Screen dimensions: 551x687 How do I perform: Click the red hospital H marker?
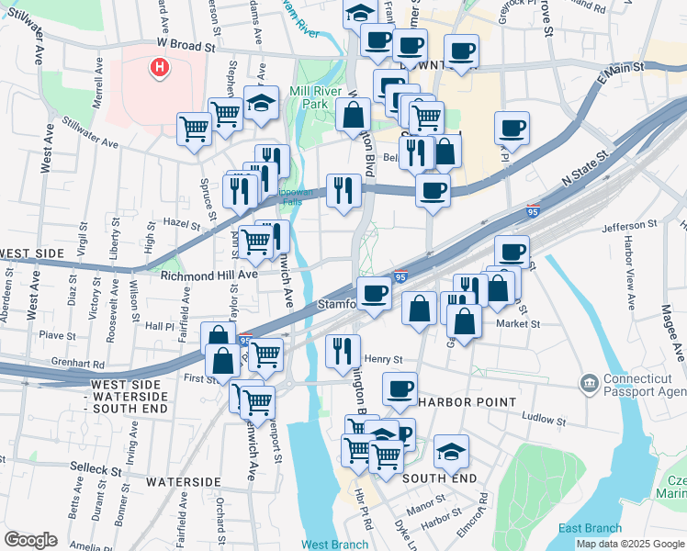pyautogui.click(x=160, y=67)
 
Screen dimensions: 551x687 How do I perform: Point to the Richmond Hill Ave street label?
pyautogui.click(x=209, y=274)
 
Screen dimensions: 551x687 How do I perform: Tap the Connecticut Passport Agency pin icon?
pyautogui.click(x=589, y=381)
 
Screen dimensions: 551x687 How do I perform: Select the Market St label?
pyautogui.click(x=518, y=323)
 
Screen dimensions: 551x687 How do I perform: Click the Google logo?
pyautogui.click(x=30, y=540)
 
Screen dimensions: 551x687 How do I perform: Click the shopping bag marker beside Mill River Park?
pyautogui.click(x=353, y=116)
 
